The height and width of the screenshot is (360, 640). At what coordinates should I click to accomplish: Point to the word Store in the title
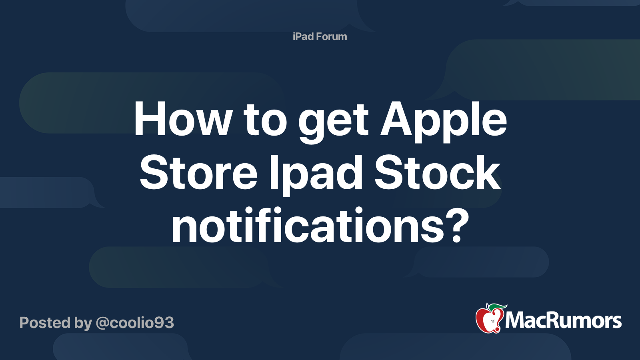point(198,173)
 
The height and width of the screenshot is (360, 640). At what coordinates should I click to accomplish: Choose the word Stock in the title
point(437,173)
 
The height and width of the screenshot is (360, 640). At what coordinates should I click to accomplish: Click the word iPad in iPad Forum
point(303,36)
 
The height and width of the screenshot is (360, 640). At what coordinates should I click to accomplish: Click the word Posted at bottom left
point(45,323)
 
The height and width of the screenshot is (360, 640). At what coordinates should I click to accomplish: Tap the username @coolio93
point(135,323)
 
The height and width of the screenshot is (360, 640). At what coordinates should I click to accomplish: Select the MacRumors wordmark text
point(563,320)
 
